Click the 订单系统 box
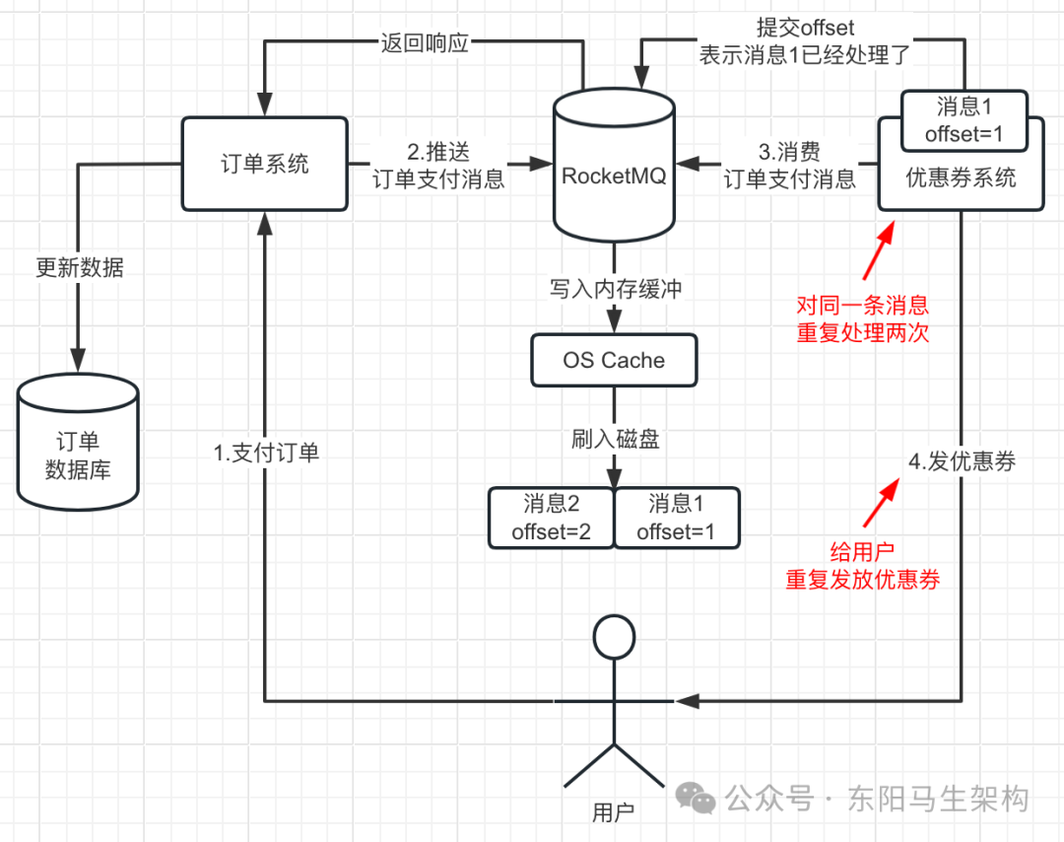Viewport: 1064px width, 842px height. pyautogui.click(x=264, y=163)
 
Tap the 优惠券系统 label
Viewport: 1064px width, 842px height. pyautogui.click(x=961, y=179)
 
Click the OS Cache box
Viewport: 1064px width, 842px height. pyautogui.click(x=614, y=360)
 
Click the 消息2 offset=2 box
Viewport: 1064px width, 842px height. pyautogui.click(x=551, y=518)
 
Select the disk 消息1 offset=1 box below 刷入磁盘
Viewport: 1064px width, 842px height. pyautogui.click(x=676, y=518)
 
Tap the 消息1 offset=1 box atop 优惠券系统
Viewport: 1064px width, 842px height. pyautogui.click(x=964, y=120)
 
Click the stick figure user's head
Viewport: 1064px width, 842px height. pyautogui.click(x=614, y=638)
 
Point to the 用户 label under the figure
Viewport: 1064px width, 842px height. pyautogui.click(x=614, y=812)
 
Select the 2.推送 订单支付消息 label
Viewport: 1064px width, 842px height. pyautogui.click(x=439, y=165)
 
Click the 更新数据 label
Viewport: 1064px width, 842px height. pyautogui.click(x=80, y=267)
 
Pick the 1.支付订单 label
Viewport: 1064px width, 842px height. pyautogui.click(x=266, y=453)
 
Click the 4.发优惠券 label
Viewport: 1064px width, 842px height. pyautogui.click(x=962, y=460)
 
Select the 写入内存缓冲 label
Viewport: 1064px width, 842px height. pyautogui.click(x=615, y=290)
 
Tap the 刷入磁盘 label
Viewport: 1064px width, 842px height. pyautogui.click(x=615, y=439)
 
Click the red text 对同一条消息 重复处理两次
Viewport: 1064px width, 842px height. pyautogui.click(x=863, y=318)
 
